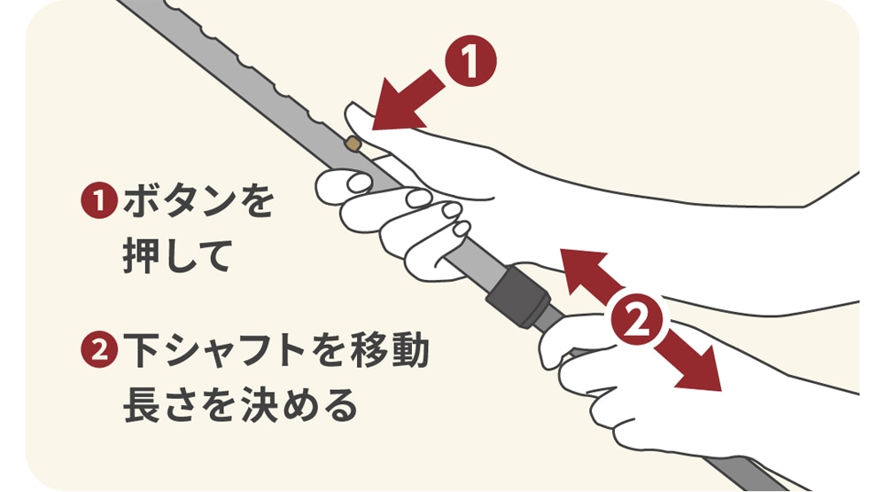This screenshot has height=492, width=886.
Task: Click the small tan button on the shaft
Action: pos(353,143)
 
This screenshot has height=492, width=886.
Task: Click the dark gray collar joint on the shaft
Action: pos(518,298)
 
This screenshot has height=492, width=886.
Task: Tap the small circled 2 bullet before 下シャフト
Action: pos(99,350)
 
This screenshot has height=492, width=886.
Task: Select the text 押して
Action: pos(175,256)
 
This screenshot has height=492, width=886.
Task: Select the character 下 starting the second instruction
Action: pos(141,350)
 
